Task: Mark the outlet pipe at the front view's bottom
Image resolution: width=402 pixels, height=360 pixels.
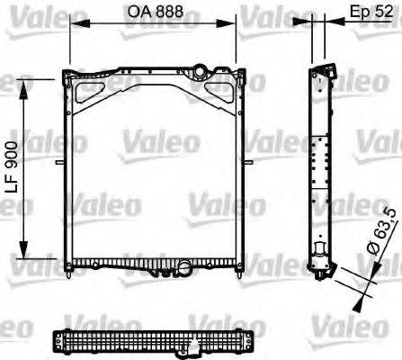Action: pyautogui.click(x=183, y=267)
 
